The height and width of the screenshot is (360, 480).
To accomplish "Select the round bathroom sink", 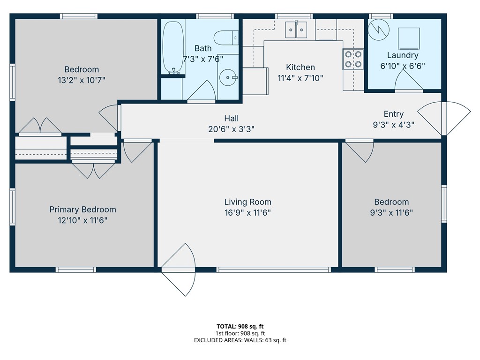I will pyautogui.click(x=228, y=76).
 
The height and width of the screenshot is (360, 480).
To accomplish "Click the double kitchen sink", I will pyautogui.click(x=296, y=30).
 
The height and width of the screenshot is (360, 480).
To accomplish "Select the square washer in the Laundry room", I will pyautogui.click(x=408, y=37).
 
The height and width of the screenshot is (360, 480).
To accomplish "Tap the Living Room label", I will pyautogui.click(x=247, y=202).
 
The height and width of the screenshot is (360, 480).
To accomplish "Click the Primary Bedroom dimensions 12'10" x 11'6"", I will pyautogui.click(x=82, y=220).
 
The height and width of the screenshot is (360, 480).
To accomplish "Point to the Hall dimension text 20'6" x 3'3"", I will pyautogui.click(x=231, y=129).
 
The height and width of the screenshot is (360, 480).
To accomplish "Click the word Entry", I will pyautogui.click(x=393, y=114).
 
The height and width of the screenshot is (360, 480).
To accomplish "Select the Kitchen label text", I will pyautogui.click(x=300, y=67).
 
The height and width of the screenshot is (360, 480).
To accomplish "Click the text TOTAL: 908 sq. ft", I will pyautogui.click(x=240, y=326).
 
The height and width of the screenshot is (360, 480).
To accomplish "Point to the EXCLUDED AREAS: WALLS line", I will pyautogui.click(x=240, y=340).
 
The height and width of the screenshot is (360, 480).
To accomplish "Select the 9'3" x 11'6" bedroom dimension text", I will pyautogui.click(x=391, y=212).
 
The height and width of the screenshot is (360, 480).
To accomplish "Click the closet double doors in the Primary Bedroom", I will pyautogui.click(x=93, y=170).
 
